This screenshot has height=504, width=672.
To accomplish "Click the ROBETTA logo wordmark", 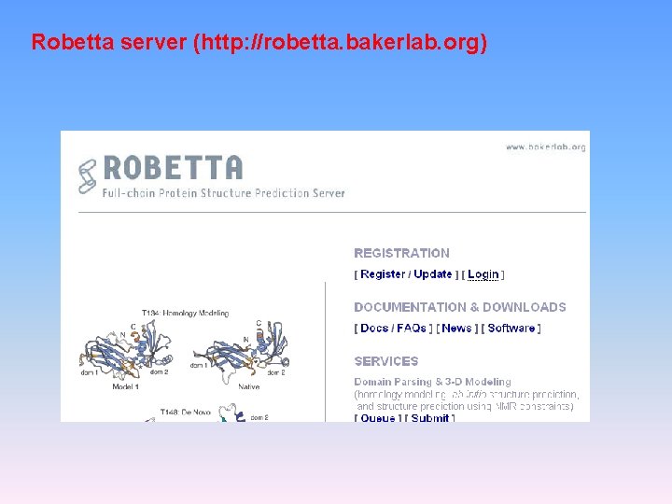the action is [x=173, y=167].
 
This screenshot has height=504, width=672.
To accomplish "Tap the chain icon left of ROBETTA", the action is [x=88, y=175].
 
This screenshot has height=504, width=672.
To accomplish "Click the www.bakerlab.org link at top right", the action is [x=545, y=147].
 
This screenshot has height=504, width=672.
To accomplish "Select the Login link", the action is [x=483, y=274].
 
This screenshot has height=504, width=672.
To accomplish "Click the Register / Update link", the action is [x=406, y=274].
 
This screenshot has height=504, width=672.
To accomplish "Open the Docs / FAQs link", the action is [x=393, y=329].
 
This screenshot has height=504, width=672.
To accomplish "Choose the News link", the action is [x=457, y=329].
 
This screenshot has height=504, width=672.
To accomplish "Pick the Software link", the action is [x=511, y=329].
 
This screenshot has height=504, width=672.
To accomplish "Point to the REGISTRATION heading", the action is [x=401, y=253].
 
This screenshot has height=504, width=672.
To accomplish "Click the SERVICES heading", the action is [x=386, y=361].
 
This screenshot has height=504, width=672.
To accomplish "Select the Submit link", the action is [x=430, y=418].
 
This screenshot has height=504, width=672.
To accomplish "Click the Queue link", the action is [x=378, y=418].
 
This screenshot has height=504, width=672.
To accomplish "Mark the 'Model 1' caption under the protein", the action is [x=126, y=385].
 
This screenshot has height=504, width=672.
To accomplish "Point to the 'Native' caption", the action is [x=249, y=385].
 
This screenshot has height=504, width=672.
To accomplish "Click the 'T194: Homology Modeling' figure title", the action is [x=185, y=314].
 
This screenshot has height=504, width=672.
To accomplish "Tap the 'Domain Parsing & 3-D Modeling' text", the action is [x=432, y=382].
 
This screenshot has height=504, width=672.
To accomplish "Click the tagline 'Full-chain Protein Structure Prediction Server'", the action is [x=224, y=193].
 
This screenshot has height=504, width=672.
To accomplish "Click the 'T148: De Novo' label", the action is [x=182, y=412].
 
